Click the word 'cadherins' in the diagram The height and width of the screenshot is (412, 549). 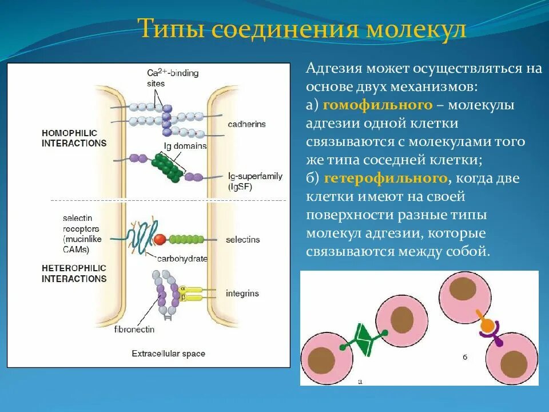click(246, 124)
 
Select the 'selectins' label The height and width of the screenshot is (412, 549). click(242, 239)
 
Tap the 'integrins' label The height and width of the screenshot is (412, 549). click(242, 294)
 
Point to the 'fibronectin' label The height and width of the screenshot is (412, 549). click(134, 330)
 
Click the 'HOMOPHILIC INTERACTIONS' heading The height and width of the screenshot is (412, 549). click(74, 138)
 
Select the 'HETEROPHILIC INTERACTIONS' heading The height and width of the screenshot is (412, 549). click(74, 274)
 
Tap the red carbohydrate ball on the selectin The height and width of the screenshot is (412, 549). click(160, 239)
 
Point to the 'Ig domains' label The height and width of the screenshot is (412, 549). click(185, 146)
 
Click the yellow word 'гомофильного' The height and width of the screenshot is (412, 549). click(377, 105)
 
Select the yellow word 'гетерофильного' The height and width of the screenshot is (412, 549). click(385, 179)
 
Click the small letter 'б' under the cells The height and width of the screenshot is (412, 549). click(465, 357)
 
